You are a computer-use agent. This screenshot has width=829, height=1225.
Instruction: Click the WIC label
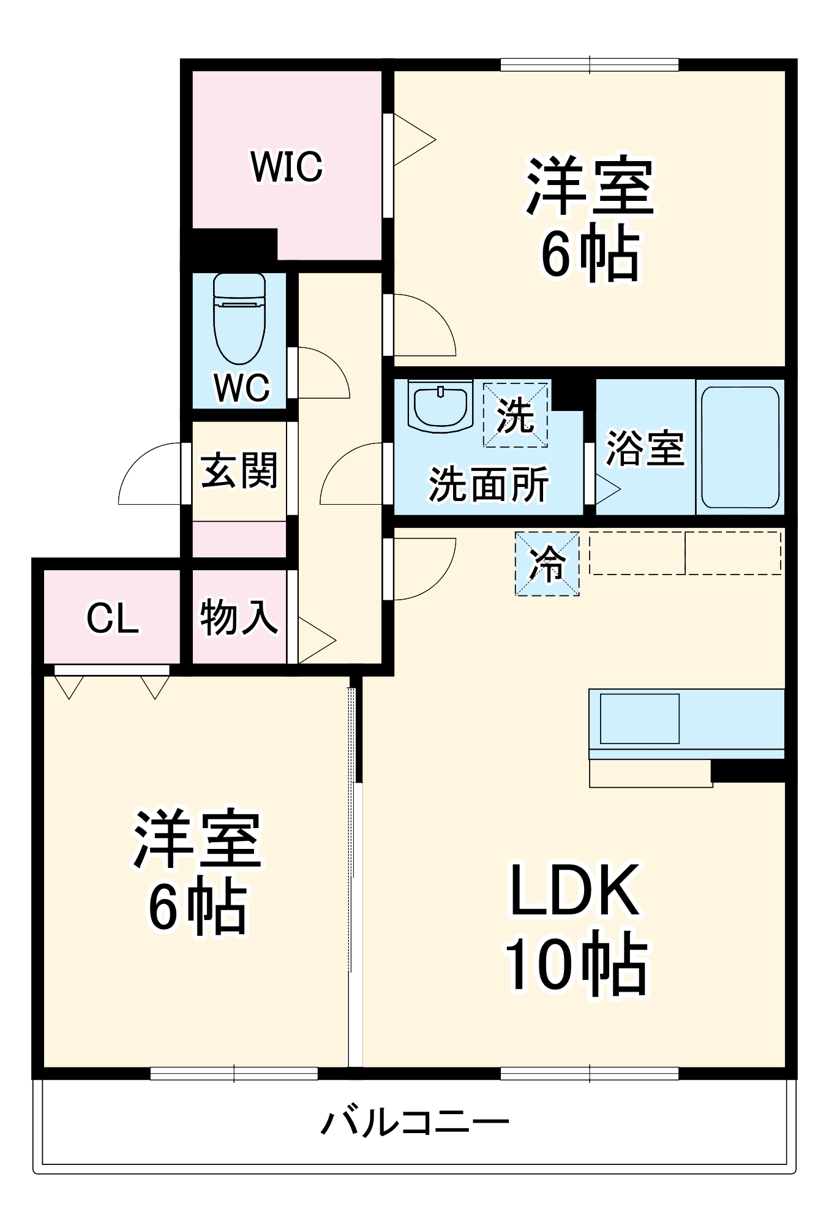287,167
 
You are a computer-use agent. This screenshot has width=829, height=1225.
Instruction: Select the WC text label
242,387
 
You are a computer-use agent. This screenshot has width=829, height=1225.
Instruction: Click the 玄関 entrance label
239,470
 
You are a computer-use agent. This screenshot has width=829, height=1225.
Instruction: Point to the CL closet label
113,618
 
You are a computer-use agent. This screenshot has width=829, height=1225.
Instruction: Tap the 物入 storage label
239,617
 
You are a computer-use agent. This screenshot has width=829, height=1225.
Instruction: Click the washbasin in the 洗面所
440,407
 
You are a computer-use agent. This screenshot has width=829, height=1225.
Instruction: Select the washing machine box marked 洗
515,415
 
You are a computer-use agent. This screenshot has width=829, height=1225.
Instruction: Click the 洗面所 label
488,484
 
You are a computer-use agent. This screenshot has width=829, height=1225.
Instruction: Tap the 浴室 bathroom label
645,448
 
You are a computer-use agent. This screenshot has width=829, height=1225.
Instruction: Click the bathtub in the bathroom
740,447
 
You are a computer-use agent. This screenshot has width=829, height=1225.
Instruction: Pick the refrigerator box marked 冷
547,563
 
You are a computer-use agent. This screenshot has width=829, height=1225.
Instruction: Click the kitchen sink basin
640,718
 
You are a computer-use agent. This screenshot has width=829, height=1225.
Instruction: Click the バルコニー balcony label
415,1123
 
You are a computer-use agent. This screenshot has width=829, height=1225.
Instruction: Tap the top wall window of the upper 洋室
590,64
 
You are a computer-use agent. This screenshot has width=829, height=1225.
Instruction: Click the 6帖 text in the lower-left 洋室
198,908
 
